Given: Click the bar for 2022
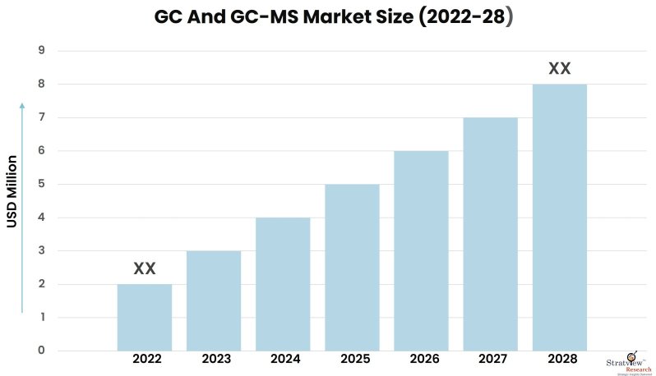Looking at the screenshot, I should [x=145, y=318].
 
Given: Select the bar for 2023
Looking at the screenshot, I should [x=214, y=300].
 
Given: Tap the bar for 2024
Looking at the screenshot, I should [x=283, y=284].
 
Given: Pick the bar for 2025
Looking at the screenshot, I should [x=352, y=268].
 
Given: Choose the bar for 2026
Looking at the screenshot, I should [x=421, y=250].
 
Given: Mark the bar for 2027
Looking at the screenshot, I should [x=490, y=234].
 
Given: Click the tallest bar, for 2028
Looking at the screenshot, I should [x=559, y=218].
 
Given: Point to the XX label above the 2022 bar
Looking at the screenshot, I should [x=145, y=268].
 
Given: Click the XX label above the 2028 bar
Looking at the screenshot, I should [x=559, y=68].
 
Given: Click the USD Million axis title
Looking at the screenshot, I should [x=13, y=191].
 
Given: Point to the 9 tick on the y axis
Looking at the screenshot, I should [x=41, y=51].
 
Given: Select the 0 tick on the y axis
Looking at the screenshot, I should [x=41, y=351].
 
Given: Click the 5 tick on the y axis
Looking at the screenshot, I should [x=41, y=185].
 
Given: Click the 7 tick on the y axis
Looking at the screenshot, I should [x=41, y=117].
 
